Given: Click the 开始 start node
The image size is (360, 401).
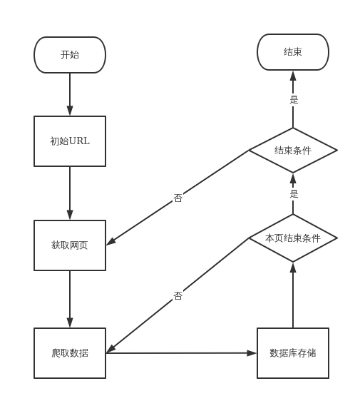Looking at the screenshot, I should [x=70, y=55].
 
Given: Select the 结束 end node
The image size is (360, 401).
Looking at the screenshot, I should [x=293, y=52].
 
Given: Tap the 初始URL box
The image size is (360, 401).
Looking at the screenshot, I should [x=70, y=141].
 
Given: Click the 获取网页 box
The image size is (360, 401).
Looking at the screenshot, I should [x=70, y=245].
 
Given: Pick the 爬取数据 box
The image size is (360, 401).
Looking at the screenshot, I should [x=70, y=353].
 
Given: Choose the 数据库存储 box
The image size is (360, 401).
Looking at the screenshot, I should [x=293, y=353].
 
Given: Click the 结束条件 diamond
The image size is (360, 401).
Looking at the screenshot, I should [x=293, y=151].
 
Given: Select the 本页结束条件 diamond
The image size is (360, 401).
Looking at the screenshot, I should [x=293, y=238].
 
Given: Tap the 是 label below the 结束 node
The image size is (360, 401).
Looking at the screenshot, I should [x=294, y=100].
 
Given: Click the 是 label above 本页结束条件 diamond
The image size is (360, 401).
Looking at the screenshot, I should [x=294, y=193].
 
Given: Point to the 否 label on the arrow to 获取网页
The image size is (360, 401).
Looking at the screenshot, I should [x=178, y=198].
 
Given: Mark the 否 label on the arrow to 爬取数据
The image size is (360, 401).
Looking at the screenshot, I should [x=178, y=295].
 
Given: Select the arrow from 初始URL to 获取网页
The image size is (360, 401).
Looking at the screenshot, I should [x=70, y=193].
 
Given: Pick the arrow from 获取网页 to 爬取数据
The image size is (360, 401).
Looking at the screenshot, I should [x=70, y=300].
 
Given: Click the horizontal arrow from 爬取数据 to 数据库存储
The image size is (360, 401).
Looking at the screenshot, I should [x=182, y=352].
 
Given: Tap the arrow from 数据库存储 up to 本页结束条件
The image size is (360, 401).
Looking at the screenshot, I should [x=293, y=296].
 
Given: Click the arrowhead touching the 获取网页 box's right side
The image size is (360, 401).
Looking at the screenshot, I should [x=111, y=242].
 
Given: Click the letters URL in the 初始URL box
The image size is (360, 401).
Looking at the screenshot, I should [x=79, y=141].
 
